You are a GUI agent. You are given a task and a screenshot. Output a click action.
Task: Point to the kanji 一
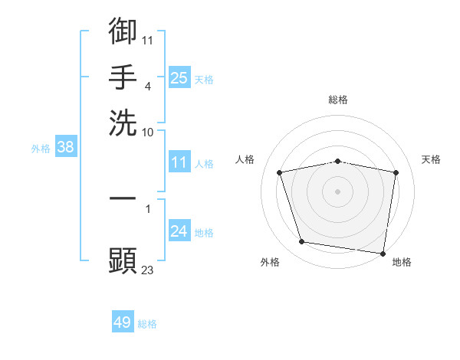point(123,198)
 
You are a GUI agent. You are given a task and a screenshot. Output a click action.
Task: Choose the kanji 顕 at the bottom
point(123,260)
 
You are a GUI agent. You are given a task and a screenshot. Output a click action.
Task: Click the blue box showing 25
point(179,77)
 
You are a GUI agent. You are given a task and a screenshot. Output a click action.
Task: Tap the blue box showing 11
point(179,162)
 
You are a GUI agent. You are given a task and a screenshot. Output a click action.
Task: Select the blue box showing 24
point(179,231)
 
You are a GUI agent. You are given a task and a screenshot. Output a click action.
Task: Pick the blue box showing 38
point(65,148)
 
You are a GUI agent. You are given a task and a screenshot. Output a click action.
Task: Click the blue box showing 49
point(123,322)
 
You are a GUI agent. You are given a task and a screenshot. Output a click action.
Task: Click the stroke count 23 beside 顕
point(148,270)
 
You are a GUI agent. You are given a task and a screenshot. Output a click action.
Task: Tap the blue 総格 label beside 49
point(147,324)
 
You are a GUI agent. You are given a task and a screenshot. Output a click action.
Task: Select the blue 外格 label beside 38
point(41,149)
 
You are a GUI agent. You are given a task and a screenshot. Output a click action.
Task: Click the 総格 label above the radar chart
point(338,100)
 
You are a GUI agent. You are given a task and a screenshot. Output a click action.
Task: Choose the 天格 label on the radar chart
point(431,159)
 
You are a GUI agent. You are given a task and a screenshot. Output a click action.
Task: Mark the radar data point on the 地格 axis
point(383,253)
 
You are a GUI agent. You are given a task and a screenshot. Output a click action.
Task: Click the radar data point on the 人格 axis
point(280,172)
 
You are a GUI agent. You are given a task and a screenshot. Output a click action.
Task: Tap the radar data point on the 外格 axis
point(301,242)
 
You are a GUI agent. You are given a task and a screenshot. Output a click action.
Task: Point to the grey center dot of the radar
point(338,191)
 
